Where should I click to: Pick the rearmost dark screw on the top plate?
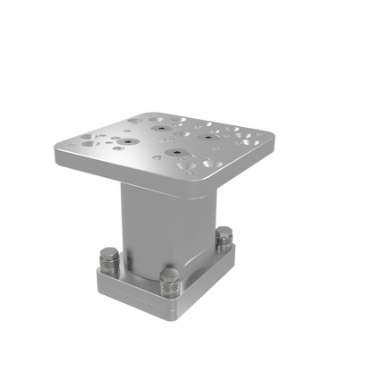click(163, 126)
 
